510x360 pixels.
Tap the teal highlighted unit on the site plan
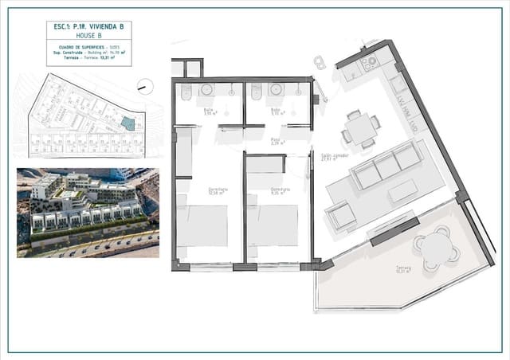[128, 123]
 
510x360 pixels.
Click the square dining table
[360, 127]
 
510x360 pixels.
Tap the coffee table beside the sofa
[402, 192]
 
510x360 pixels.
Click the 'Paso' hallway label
[278, 139]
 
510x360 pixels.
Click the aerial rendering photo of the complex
[88, 213]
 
